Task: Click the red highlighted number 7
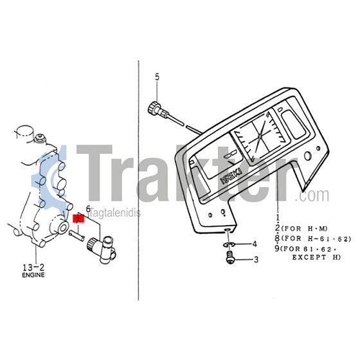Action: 78,219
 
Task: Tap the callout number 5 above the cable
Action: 157,77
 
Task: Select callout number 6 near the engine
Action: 88,209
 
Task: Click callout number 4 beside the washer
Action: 255,244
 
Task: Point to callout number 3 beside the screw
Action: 256,260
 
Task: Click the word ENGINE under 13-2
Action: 33,275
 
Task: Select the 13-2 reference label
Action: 33,267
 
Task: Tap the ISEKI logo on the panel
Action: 231,176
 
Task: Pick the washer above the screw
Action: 228,244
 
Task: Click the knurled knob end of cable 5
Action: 154,107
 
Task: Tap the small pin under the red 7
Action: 76,235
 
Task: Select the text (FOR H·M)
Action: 305,229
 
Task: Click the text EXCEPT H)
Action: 316,257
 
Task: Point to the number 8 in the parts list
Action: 278,239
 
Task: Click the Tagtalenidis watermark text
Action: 115,213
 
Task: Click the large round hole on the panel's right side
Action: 307,156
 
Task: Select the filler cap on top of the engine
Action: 26,131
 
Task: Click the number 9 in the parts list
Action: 278,249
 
